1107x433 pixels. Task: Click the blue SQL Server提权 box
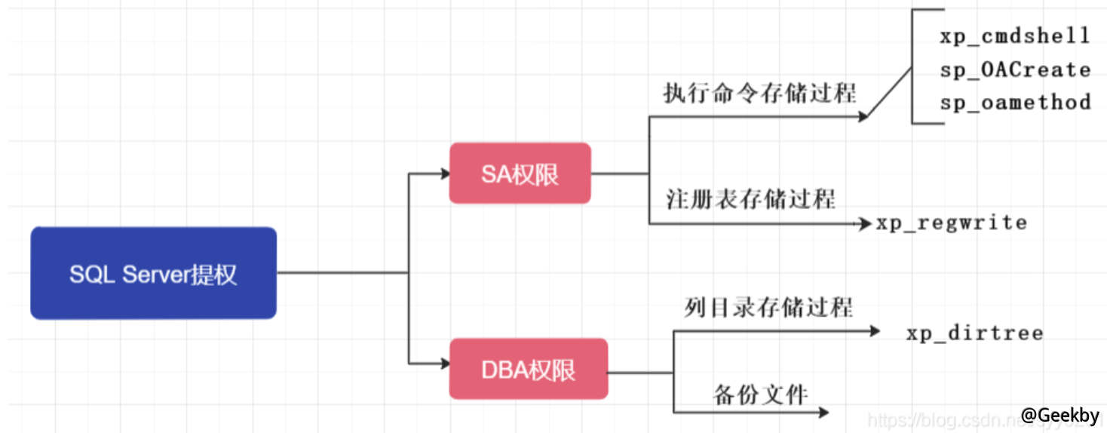click(x=153, y=273)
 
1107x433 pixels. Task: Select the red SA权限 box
click(x=520, y=174)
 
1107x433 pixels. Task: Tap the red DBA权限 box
click(x=528, y=369)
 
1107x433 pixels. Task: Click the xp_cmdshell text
click(x=1014, y=35)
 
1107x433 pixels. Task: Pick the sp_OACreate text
click(x=1015, y=69)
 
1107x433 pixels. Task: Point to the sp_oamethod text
click(x=1015, y=102)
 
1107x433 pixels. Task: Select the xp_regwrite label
click(x=951, y=223)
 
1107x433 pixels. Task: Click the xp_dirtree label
click(x=974, y=333)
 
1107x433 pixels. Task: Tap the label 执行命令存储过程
click(x=759, y=94)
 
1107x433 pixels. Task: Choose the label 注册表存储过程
click(x=750, y=199)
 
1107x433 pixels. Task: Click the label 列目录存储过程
click(x=768, y=308)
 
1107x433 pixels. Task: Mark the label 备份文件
click(x=760, y=394)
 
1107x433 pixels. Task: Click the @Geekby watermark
click(x=1059, y=414)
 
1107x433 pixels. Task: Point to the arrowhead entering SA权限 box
click(x=444, y=174)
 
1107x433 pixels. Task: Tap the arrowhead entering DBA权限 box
click(x=444, y=364)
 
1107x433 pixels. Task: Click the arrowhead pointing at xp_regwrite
click(x=866, y=223)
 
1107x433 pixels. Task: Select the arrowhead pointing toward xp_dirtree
click(x=874, y=330)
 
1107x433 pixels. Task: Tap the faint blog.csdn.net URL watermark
click(x=943, y=420)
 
